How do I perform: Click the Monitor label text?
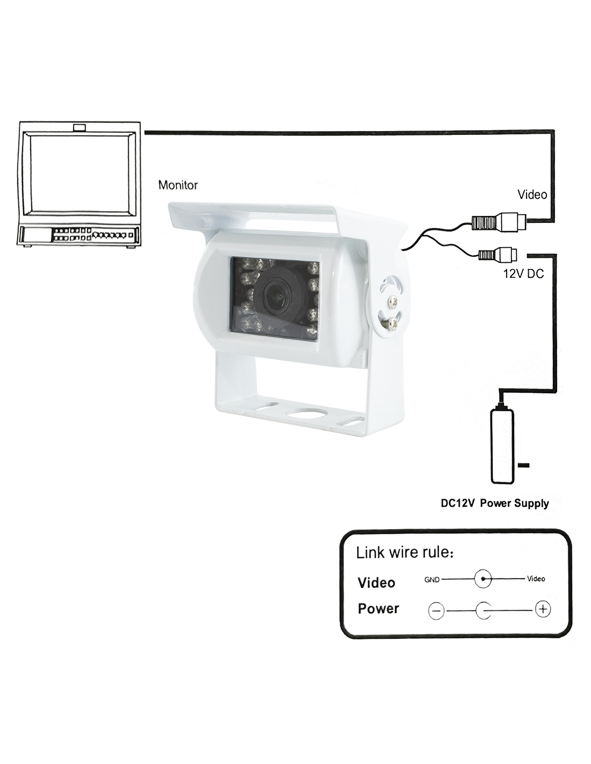(178, 185)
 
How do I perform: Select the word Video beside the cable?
(531, 194)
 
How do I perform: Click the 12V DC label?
(523, 274)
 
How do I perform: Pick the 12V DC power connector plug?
(497, 253)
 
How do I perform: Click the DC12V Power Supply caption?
(494, 503)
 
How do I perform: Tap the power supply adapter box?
(502, 446)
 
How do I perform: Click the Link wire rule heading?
(405, 552)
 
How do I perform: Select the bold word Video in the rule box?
(376, 582)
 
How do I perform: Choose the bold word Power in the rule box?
(378, 609)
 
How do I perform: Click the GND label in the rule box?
(432, 579)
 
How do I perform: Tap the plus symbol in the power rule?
(543, 609)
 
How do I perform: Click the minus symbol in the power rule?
(436, 610)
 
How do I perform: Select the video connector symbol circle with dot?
(484, 579)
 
